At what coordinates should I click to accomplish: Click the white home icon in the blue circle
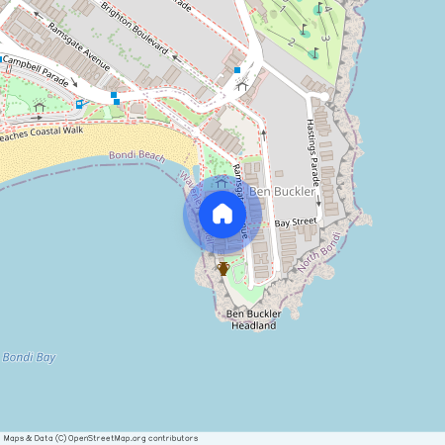click(222, 214)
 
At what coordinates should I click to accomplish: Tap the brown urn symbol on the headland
click(223, 268)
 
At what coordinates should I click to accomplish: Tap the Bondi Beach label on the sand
click(137, 156)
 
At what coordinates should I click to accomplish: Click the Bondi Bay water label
click(29, 357)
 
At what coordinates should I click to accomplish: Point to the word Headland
click(253, 325)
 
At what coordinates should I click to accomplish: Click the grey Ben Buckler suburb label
click(282, 191)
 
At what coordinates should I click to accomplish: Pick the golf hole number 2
click(291, 43)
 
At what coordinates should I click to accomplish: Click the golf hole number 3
click(324, 39)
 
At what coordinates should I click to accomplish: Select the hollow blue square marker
click(79, 103)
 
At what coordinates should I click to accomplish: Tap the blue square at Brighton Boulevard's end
click(237, 69)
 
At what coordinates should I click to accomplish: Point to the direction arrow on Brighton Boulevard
click(175, 56)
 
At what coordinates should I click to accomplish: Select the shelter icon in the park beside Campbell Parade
click(40, 106)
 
